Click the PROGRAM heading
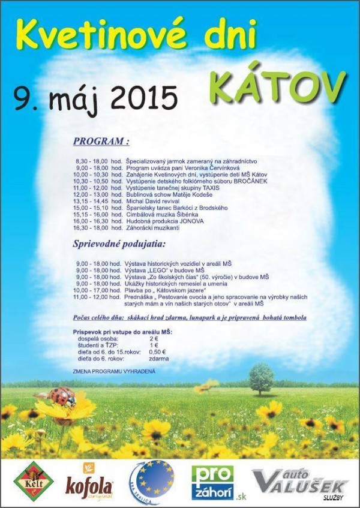(x=101, y=142)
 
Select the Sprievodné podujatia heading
(x=118, y=245)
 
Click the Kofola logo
(x=89, y=483)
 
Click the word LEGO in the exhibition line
(x=159, y=270)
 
